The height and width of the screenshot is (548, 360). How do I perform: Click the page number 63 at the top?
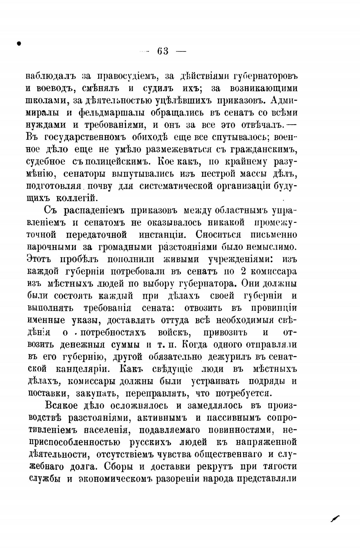pos(163,51)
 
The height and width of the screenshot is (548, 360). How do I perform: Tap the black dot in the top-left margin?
pos(19,43)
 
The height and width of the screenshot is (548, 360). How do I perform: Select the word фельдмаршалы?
pos(112,113)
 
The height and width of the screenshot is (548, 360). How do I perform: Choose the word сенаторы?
pos(85,174)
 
